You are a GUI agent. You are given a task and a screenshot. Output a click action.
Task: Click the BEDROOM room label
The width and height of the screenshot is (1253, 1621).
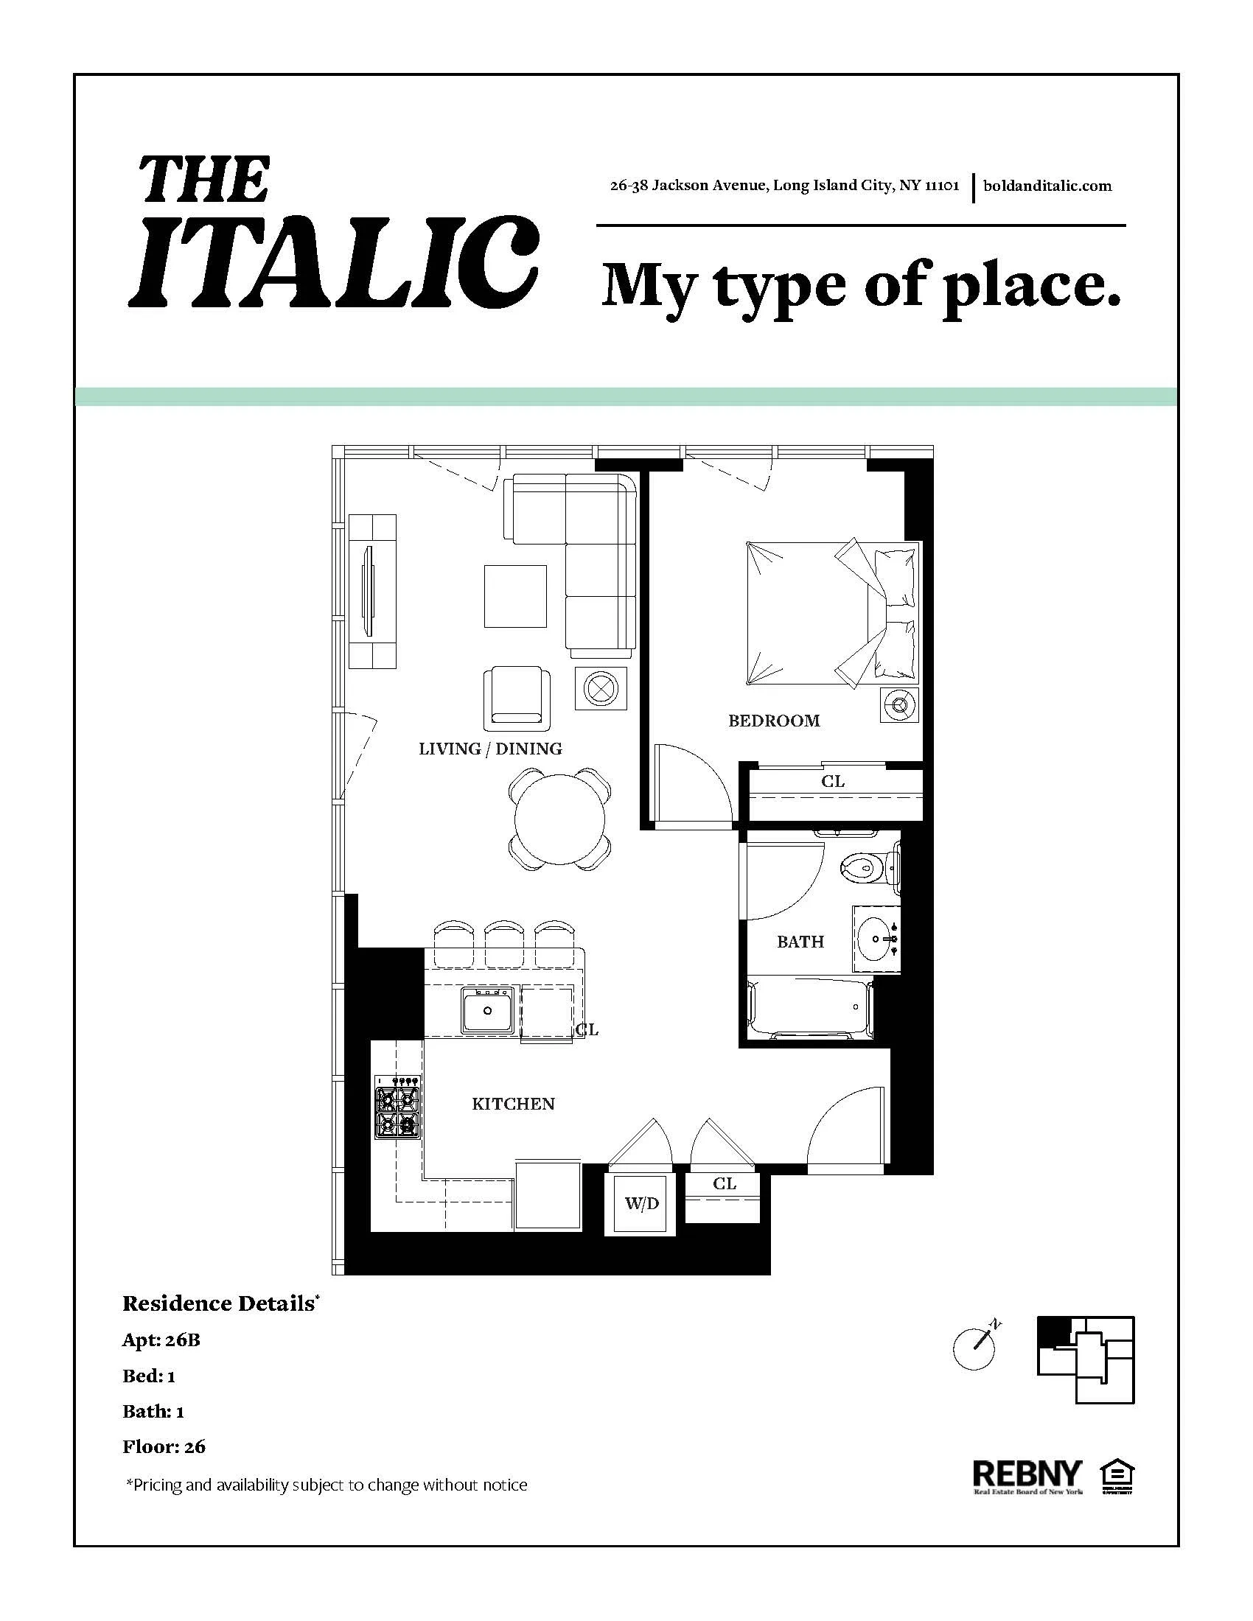pos(773,720)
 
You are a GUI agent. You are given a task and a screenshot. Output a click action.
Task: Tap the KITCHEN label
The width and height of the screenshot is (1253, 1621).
pos(513,1104)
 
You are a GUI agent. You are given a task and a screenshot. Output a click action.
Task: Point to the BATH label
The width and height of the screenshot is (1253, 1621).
pos(800,941)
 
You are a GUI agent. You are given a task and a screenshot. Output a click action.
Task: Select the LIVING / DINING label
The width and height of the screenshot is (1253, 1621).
pos(490,748)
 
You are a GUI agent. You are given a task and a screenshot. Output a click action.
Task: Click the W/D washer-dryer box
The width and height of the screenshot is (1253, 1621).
pos(641,1203)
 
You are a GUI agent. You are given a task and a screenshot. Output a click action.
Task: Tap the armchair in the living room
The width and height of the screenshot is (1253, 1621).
pos(517,698)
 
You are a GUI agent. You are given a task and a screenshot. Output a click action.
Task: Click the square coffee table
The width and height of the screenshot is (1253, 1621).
pos(515,596)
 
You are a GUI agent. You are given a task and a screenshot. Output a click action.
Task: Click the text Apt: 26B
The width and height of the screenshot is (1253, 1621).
pos(161,1340)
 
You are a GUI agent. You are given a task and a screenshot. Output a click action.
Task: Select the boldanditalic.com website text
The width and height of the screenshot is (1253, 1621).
pos(1047,186)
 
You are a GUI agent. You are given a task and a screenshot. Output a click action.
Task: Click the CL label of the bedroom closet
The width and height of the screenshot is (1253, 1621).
pos(832,781)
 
